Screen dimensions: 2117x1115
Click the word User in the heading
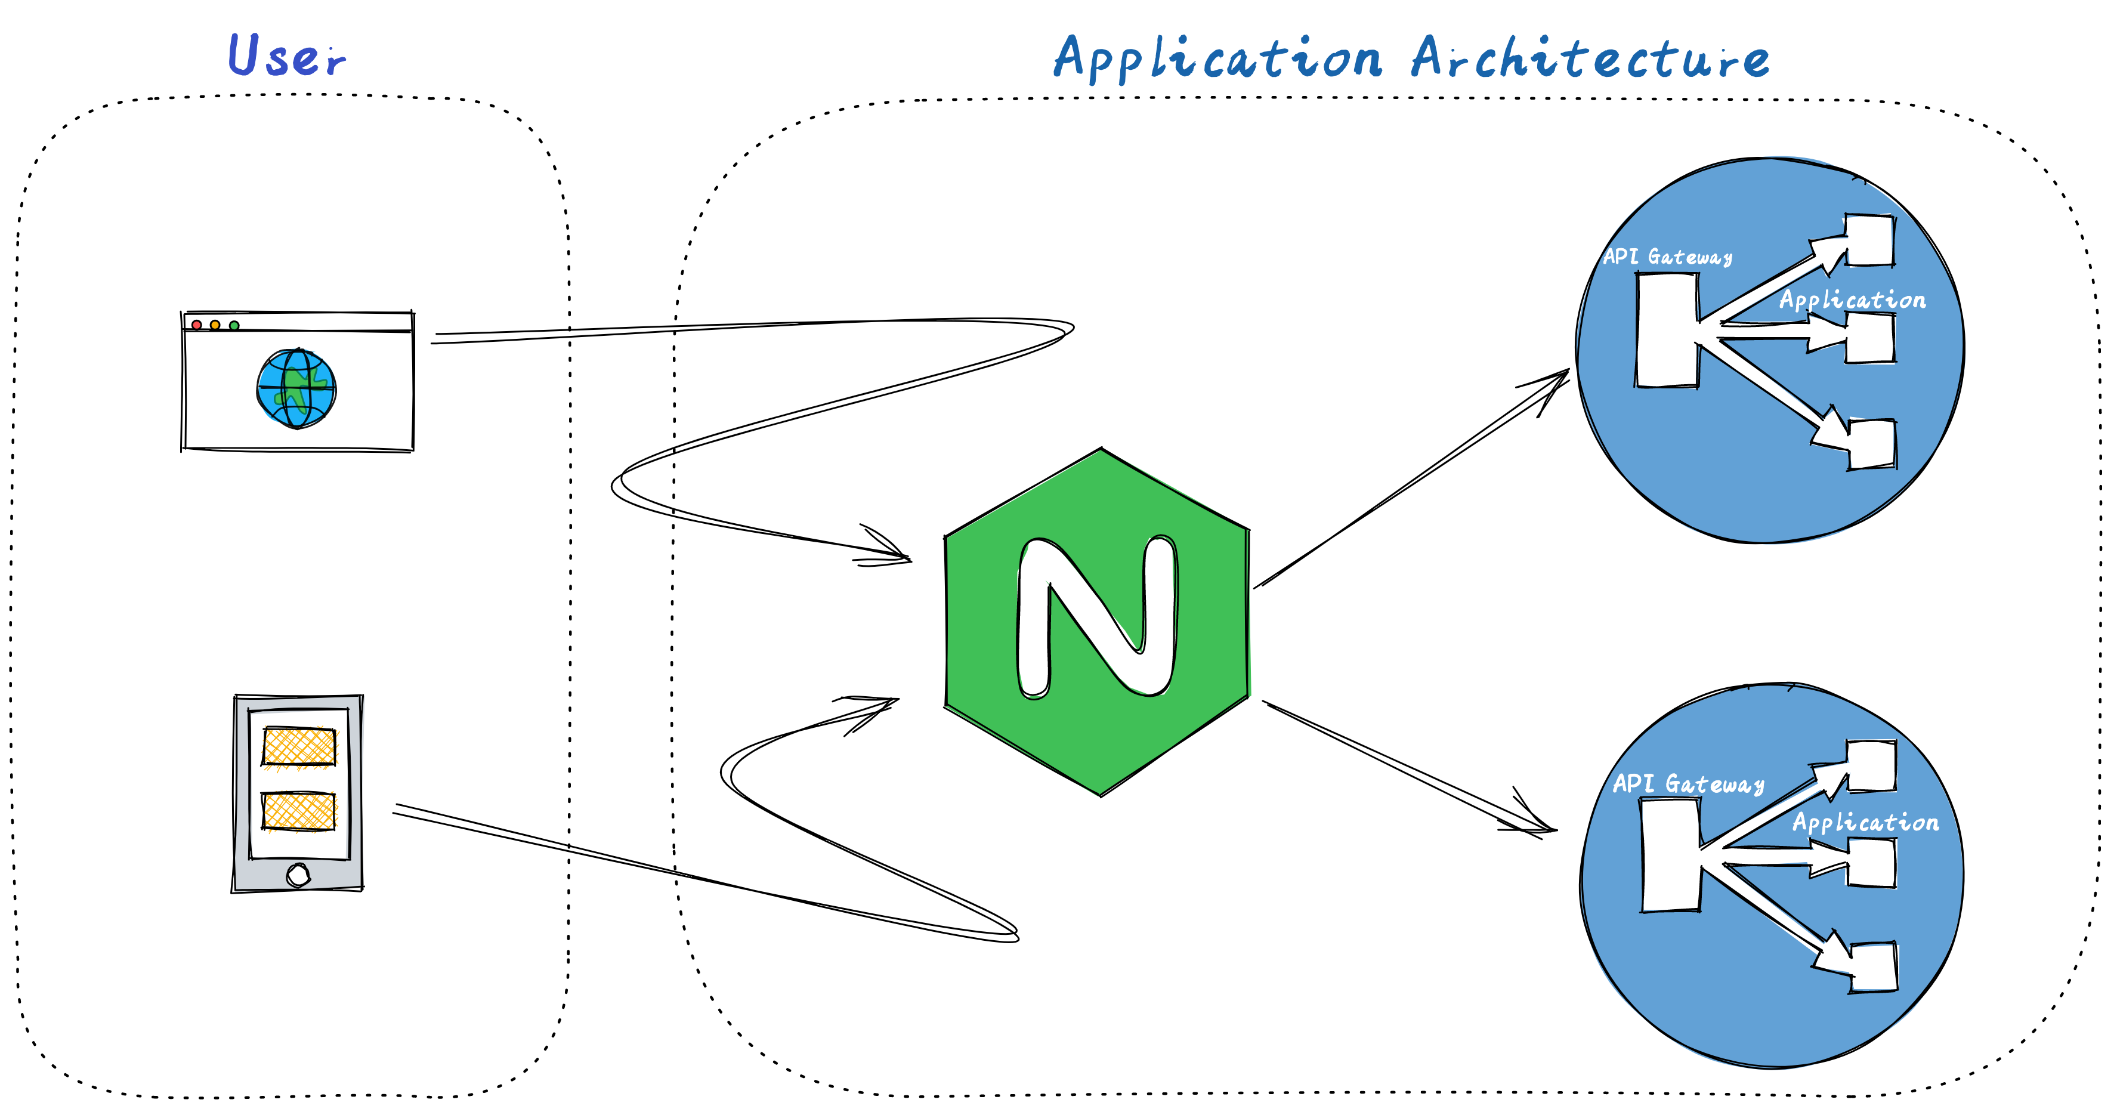(x=287, y=56)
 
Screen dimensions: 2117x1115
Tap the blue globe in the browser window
(x=296, y=388)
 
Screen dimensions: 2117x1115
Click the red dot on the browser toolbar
(x=196, y=325)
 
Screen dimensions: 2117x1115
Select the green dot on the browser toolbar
(x=234, y=325)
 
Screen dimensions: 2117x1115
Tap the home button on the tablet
(x=298, y=875)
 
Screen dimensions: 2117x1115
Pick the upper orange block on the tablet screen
(x=299, y=747)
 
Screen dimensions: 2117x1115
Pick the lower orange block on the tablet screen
(x=299, y=811)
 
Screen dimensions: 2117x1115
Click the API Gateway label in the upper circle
(x=1667, y=257)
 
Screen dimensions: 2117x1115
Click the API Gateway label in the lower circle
(x=1688, y=784)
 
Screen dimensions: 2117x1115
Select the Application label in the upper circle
(x=1852, y=300)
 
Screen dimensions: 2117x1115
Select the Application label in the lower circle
(x=1865, y=823)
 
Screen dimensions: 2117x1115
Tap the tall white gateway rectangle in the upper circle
(x=1667, y=331)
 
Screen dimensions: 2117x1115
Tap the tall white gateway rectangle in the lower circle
(x=1671, y=855)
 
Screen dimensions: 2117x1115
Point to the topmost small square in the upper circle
(x=1869, y=240)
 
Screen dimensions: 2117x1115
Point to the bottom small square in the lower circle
(x=1873, y=967)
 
